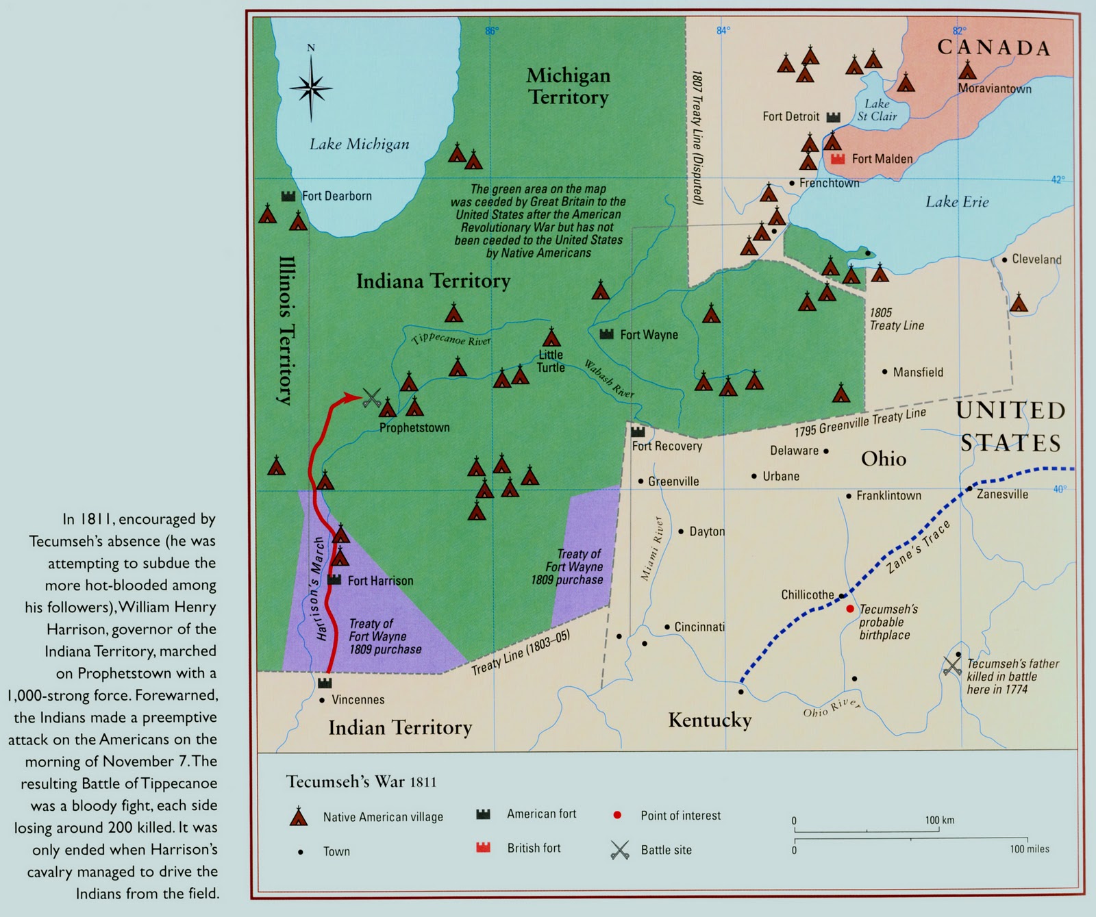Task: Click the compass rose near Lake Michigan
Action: click(x=311, y=87)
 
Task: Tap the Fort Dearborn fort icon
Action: click(x=288, y=196)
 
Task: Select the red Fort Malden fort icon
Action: click(x=838, y=159)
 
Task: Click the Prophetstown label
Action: click(x=414, y=428)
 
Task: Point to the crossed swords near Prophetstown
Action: click(x=372, y=398)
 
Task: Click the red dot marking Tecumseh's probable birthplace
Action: click(x=850, y=608)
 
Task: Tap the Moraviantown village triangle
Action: click(x=967, y=70)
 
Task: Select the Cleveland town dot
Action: click(x=1004, y=260)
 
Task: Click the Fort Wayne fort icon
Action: click(x=606, y=334)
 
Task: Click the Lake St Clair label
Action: click(x=877, y=110)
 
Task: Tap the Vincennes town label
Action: click(x=358, y=700)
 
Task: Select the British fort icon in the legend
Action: click(x=484, y=848)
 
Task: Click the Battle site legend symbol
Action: click(x=619, y=850)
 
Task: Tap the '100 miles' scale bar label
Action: click(x=1029, y=849)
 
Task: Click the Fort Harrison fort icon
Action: click(x=334, y=579)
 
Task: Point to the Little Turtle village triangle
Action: click(x=551, y=338)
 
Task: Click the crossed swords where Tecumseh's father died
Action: click(x=952, y=666)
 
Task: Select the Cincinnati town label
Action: click(x=699, y=627)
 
